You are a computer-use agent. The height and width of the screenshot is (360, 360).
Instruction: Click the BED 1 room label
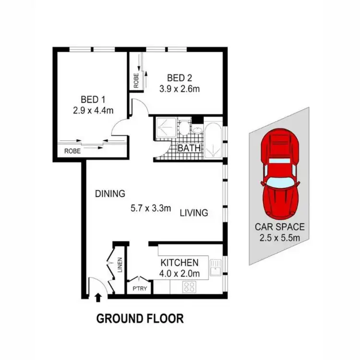tap(93, 100)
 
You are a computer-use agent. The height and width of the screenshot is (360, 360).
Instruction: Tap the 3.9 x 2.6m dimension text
tap(180, 88)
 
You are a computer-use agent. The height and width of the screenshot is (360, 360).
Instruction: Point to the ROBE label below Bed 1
tap(72, 150)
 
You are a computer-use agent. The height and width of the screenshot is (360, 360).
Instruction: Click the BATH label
tap(189, 148)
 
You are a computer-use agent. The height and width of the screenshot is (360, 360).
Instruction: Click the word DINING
tap(110, 194)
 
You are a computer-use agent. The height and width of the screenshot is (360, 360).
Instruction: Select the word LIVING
tap(194, 213)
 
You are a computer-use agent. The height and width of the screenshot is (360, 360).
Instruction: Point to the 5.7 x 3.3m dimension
tap(151, 209)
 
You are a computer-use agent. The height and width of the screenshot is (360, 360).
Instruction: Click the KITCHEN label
tap(179, 263)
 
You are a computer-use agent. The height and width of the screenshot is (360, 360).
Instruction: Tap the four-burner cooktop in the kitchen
tap(189, 287)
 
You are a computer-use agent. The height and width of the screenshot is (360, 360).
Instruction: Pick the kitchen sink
tap(216, 267)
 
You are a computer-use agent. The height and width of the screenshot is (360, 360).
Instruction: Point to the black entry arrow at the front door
tap(98, 298)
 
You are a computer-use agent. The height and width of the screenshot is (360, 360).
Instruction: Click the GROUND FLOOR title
tap(140, 318)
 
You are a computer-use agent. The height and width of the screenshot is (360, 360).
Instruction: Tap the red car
tap(280, 175)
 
